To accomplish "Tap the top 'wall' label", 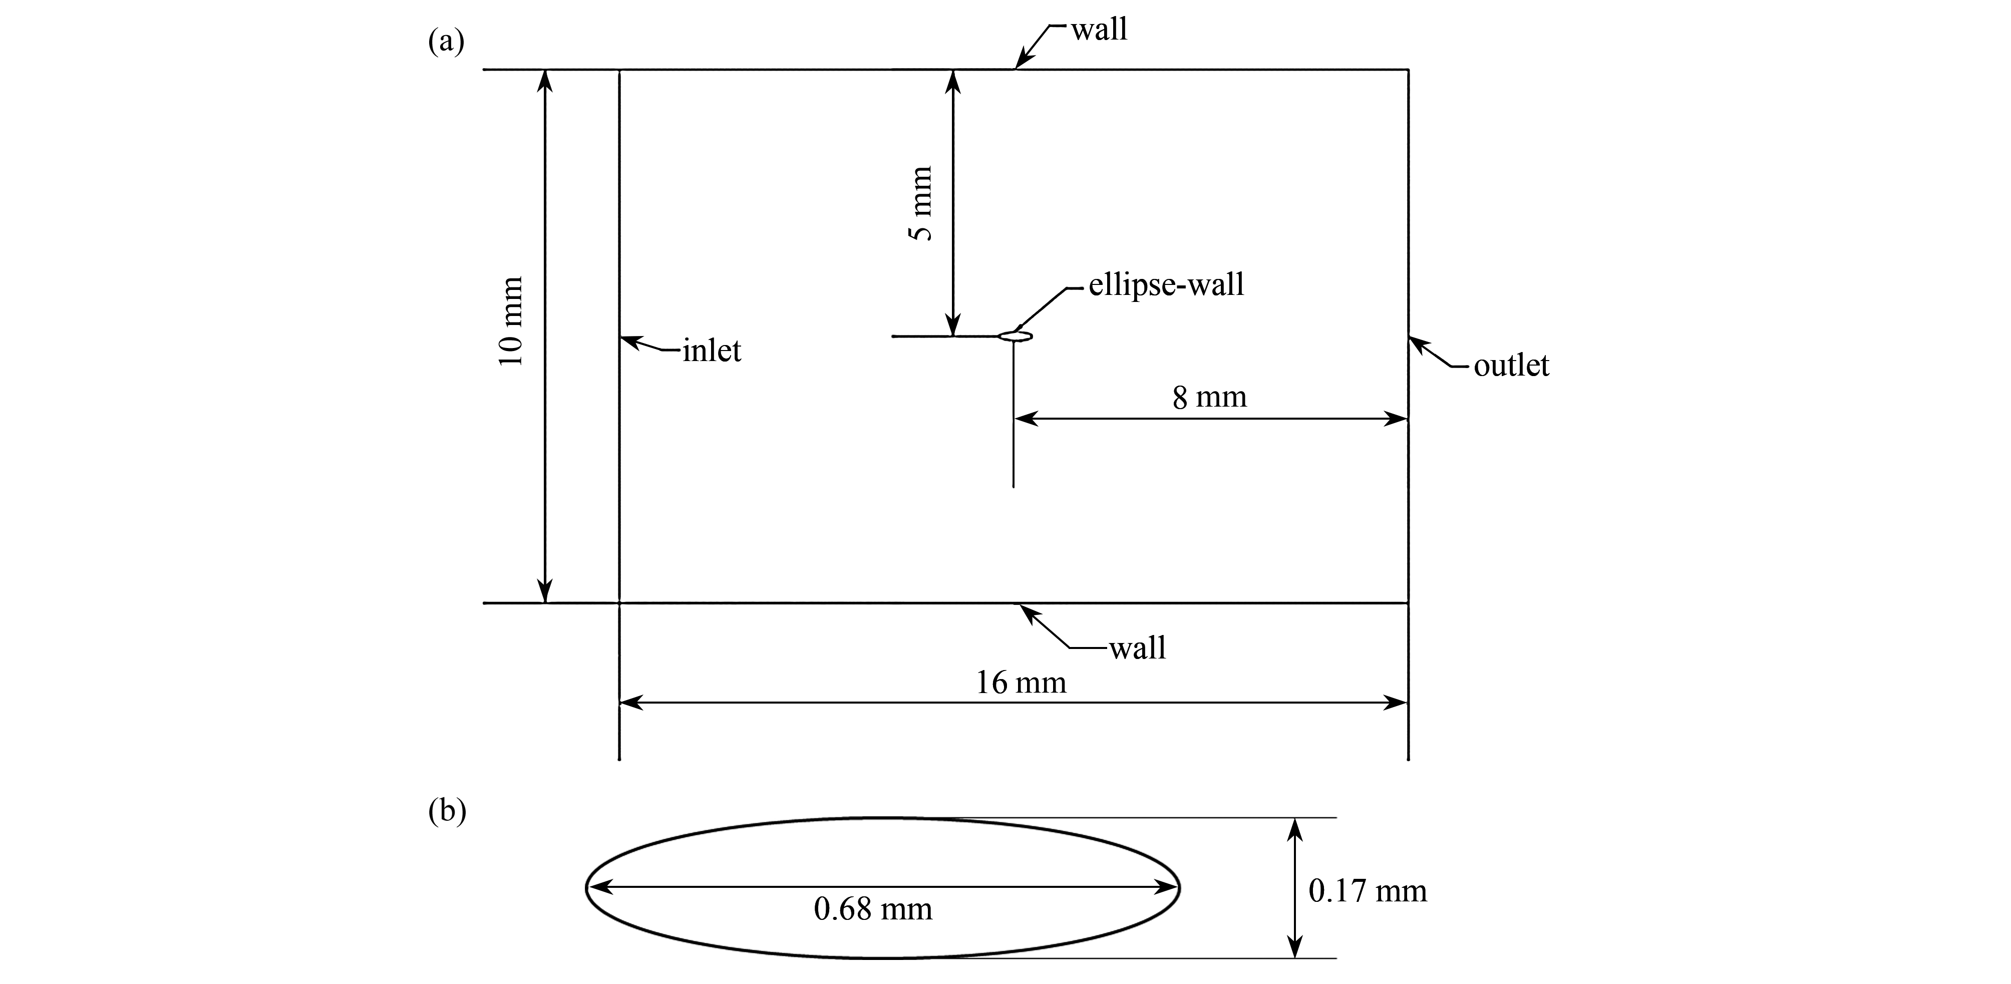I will point(1099,30).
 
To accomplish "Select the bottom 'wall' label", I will point(1137,648).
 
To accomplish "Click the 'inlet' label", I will point(711,351).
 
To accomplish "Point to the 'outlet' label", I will point(1511,366).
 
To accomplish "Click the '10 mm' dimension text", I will point(511,321).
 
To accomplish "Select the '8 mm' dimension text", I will point(1209,398).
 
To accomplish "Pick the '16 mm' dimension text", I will point(1021,684).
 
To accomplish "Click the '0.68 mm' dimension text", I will point(873,909).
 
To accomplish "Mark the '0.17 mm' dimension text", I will point(1368,891).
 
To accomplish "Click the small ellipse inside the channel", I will point(1016,337).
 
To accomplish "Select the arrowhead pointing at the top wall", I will point(1023,62).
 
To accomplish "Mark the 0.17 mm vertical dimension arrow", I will point(1295,888).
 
